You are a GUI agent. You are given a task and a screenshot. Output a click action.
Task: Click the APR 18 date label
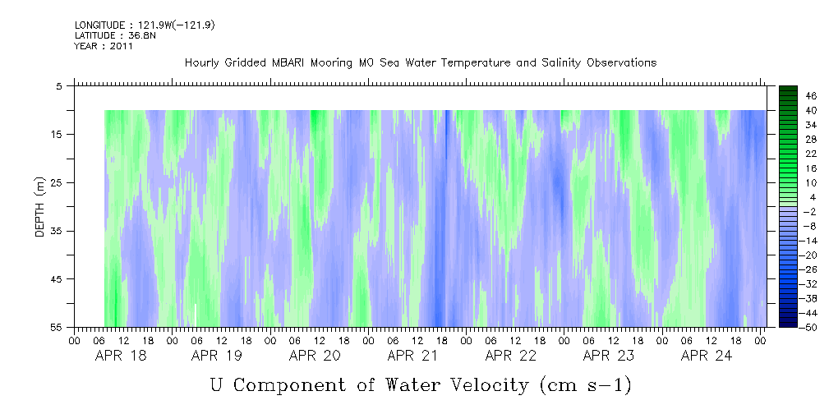[x=120, y=356]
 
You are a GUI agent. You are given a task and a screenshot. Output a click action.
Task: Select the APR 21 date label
[x=413, y=356]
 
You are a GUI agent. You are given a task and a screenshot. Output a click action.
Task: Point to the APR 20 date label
[x=315, y=356]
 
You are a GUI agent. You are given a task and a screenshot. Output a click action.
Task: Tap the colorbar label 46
[x=789, y=95]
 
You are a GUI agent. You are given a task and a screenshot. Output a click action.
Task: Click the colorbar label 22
[x=789, y=154]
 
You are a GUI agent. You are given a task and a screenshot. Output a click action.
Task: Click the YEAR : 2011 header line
[x=104, y=46]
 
